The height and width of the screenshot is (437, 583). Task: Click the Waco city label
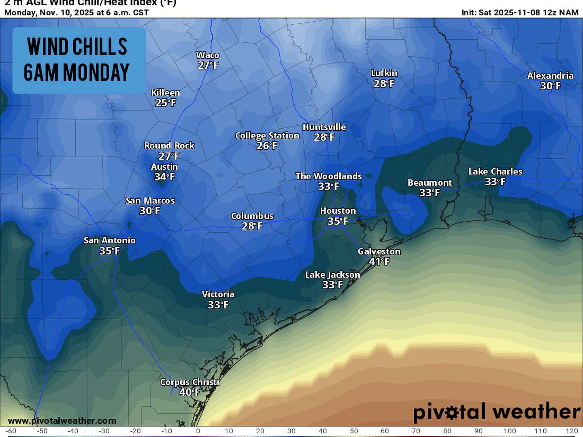pos(208,55)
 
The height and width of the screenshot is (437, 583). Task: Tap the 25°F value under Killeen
pos(166,103)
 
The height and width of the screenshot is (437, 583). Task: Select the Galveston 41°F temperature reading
pos(379,261)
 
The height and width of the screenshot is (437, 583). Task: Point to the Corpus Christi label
pos(189,382)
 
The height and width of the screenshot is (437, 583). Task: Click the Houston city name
pos(338,211)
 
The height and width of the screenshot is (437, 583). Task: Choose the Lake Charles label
pos(495,172)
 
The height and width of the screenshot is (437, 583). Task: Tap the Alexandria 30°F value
pos(550,86)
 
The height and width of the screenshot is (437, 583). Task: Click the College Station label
pos(267,136)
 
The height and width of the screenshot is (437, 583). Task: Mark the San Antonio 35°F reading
pos(109,251)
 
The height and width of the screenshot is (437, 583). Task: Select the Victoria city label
pos(218,294)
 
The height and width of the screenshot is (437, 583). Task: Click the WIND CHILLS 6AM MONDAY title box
pos(79,60)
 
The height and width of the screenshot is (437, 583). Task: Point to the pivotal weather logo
pos(497,412)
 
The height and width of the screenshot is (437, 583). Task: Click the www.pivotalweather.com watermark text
pos(62,421)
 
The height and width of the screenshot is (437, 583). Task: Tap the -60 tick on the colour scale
pos(11,431)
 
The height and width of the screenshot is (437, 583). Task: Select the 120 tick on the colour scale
pos(572,431)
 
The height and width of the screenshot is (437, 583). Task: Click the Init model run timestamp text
pos(520,13)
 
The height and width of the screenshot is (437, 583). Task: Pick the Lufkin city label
pos(384,73)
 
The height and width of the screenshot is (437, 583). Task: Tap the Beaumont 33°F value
pos(430,193)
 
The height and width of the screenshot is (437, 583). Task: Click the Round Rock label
pos(169,146)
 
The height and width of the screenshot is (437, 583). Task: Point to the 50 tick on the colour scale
pos(354,431)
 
